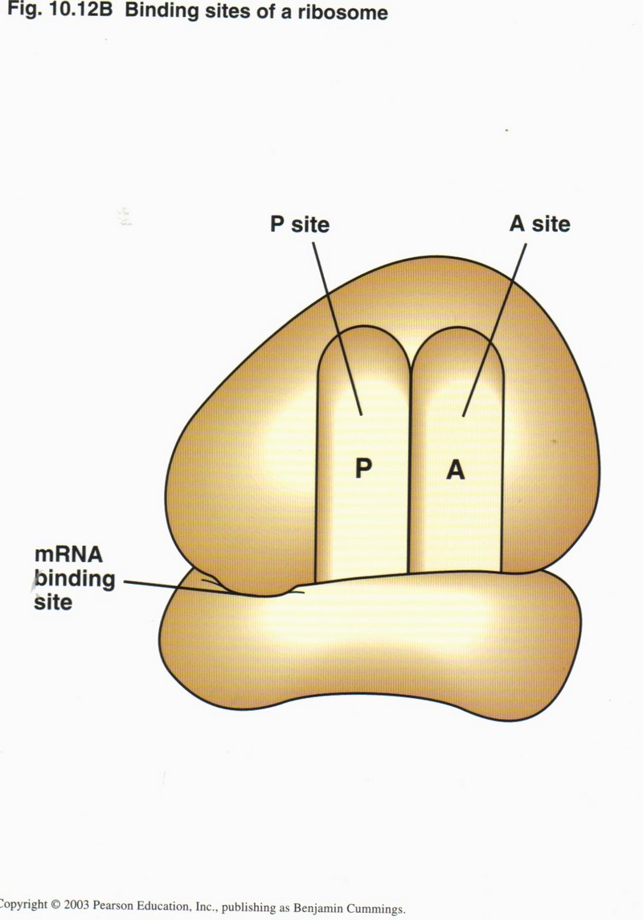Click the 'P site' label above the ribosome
299,224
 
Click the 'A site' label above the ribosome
539,223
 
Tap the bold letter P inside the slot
363,468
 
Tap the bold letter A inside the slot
456,470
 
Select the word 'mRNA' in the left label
64,556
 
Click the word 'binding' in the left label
74,578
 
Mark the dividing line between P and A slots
411,483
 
